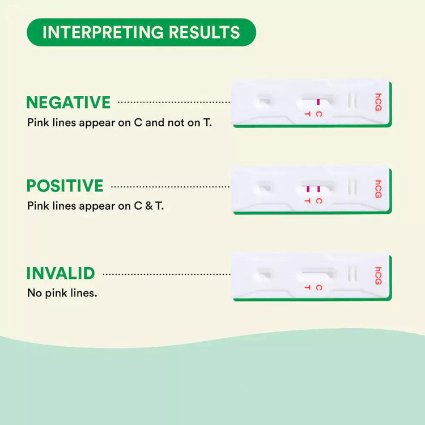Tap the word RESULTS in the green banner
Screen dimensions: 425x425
pos(205,32)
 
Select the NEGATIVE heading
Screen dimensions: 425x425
pos(69,102)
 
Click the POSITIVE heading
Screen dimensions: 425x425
pos(65,186)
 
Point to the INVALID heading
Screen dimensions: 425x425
pos(61,273)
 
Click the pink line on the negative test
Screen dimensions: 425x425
pos(318,102)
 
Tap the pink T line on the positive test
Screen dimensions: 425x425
pos(308,189)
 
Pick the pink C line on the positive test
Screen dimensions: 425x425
pos(318,189)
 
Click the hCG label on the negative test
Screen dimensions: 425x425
pos(379,102)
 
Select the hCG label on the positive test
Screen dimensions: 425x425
pos(379,189)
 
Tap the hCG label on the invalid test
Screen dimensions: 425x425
pos(379,276)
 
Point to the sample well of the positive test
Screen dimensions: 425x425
pos(263,188)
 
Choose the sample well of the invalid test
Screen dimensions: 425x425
pos(263,275)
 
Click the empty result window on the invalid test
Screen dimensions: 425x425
pos(316,276)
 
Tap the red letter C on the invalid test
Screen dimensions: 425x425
pos(319,287)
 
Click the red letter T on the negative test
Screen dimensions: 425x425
pos(307,114)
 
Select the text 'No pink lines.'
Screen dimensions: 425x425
pos(62,293)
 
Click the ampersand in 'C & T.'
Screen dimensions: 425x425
pos(149,206)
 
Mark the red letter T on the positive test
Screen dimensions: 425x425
pos(307,201)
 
